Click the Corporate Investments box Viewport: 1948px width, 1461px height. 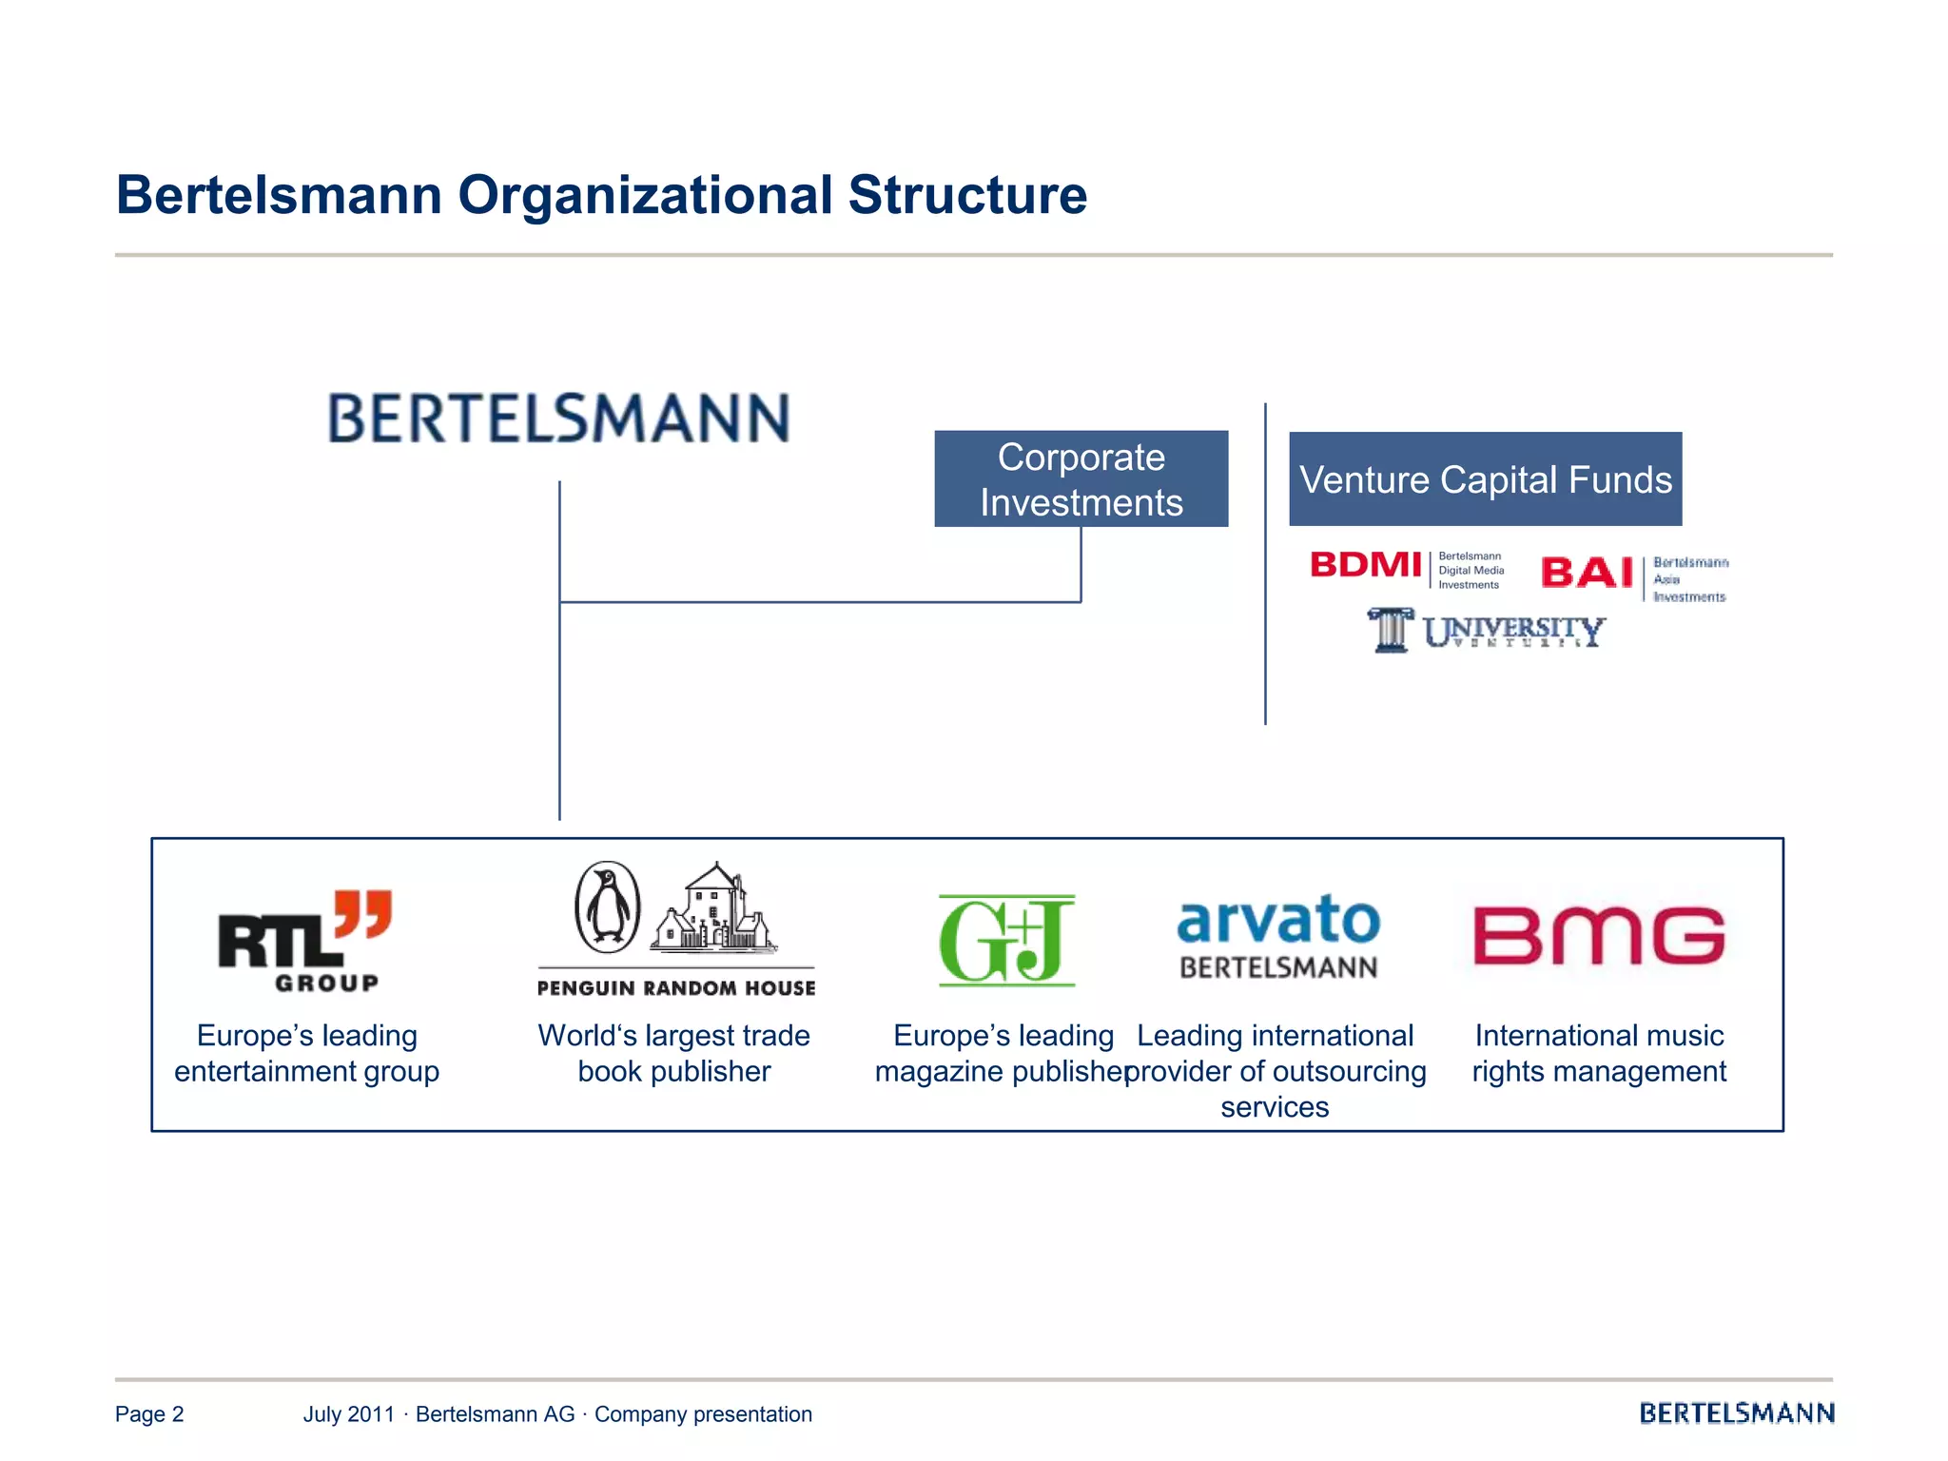coord(1081,478)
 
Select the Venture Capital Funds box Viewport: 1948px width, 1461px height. coord(1485,479)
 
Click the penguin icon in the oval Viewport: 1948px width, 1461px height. coord(608,907)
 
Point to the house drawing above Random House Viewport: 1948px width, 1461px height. coord(713,908)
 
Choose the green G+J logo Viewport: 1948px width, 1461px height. coord(1006,940)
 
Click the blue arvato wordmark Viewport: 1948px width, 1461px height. coord(1278,920)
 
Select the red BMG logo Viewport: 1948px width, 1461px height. coord(1599,935)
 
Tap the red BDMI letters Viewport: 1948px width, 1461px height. coord(1366,565)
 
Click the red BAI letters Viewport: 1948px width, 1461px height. coord(1587,573)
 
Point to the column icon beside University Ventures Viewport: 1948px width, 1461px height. coord(1391,630)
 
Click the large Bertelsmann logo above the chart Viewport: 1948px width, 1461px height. coord(558,419)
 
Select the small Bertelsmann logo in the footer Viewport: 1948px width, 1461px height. coord(1736,1413)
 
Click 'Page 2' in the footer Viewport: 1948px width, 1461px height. coord(149,1414)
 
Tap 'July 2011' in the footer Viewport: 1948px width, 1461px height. coord(348,1414)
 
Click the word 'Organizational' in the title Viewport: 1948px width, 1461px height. coord(645,195)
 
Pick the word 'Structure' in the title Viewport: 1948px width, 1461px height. coord(967,195)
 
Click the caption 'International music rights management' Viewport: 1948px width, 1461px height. coord(1599,1053)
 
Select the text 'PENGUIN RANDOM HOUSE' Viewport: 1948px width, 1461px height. coord(676,988)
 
